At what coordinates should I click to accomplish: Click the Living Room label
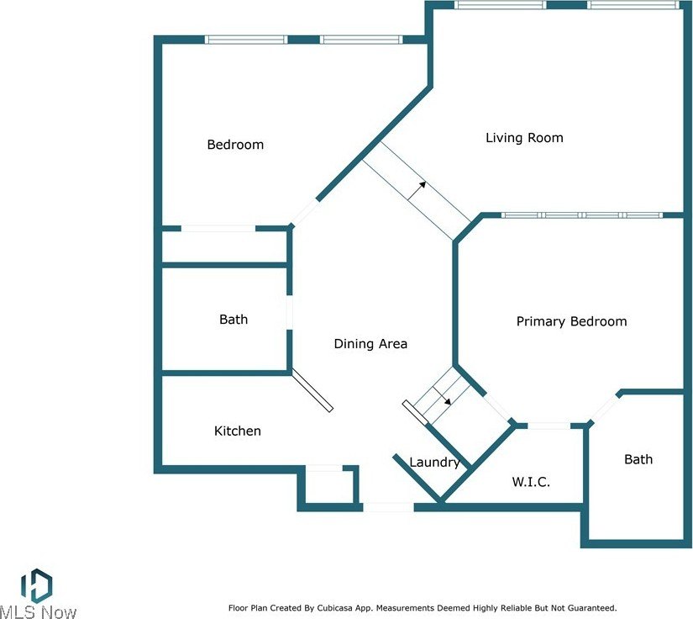(x=524, y=138)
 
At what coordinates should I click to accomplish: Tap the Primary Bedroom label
(x=571, y=321)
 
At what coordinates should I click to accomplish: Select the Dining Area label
(x=370, y=344)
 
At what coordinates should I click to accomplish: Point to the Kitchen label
(x=238, y=431)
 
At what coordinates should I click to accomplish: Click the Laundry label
(x=434, y=463)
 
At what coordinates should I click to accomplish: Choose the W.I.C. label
(x=531, y=481)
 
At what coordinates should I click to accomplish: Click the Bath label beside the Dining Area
(x=234, y=320)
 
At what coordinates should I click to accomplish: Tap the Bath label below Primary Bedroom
(x=638, y=459)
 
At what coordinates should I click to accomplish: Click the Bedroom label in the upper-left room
(x=235, y=145)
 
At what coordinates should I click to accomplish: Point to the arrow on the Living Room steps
(x=417, y=191)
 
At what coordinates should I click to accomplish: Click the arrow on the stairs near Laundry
(x=442, y=395)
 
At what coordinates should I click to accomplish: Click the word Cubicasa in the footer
(x=328, y=608)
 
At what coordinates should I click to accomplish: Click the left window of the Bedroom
(x=246, y=40)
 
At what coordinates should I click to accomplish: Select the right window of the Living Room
(x=633, y=5)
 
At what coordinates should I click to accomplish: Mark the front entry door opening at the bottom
(x=388, y=507)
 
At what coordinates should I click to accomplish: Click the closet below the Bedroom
(x=225, y=246)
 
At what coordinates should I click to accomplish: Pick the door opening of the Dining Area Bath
(x=290, y=312)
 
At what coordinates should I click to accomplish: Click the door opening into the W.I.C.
(x=549, y=426)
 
